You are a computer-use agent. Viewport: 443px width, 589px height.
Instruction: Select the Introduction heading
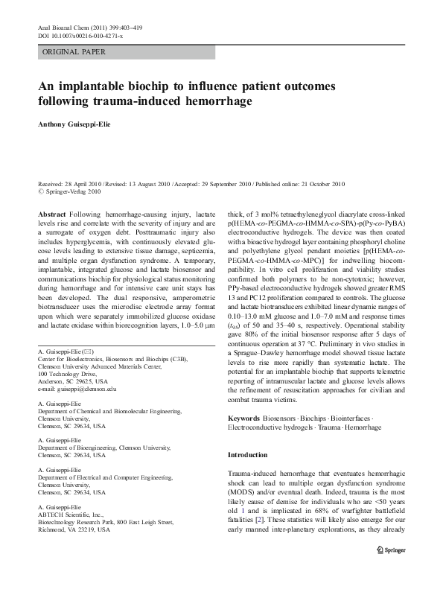pyautogui.click(x=247, y=455)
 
